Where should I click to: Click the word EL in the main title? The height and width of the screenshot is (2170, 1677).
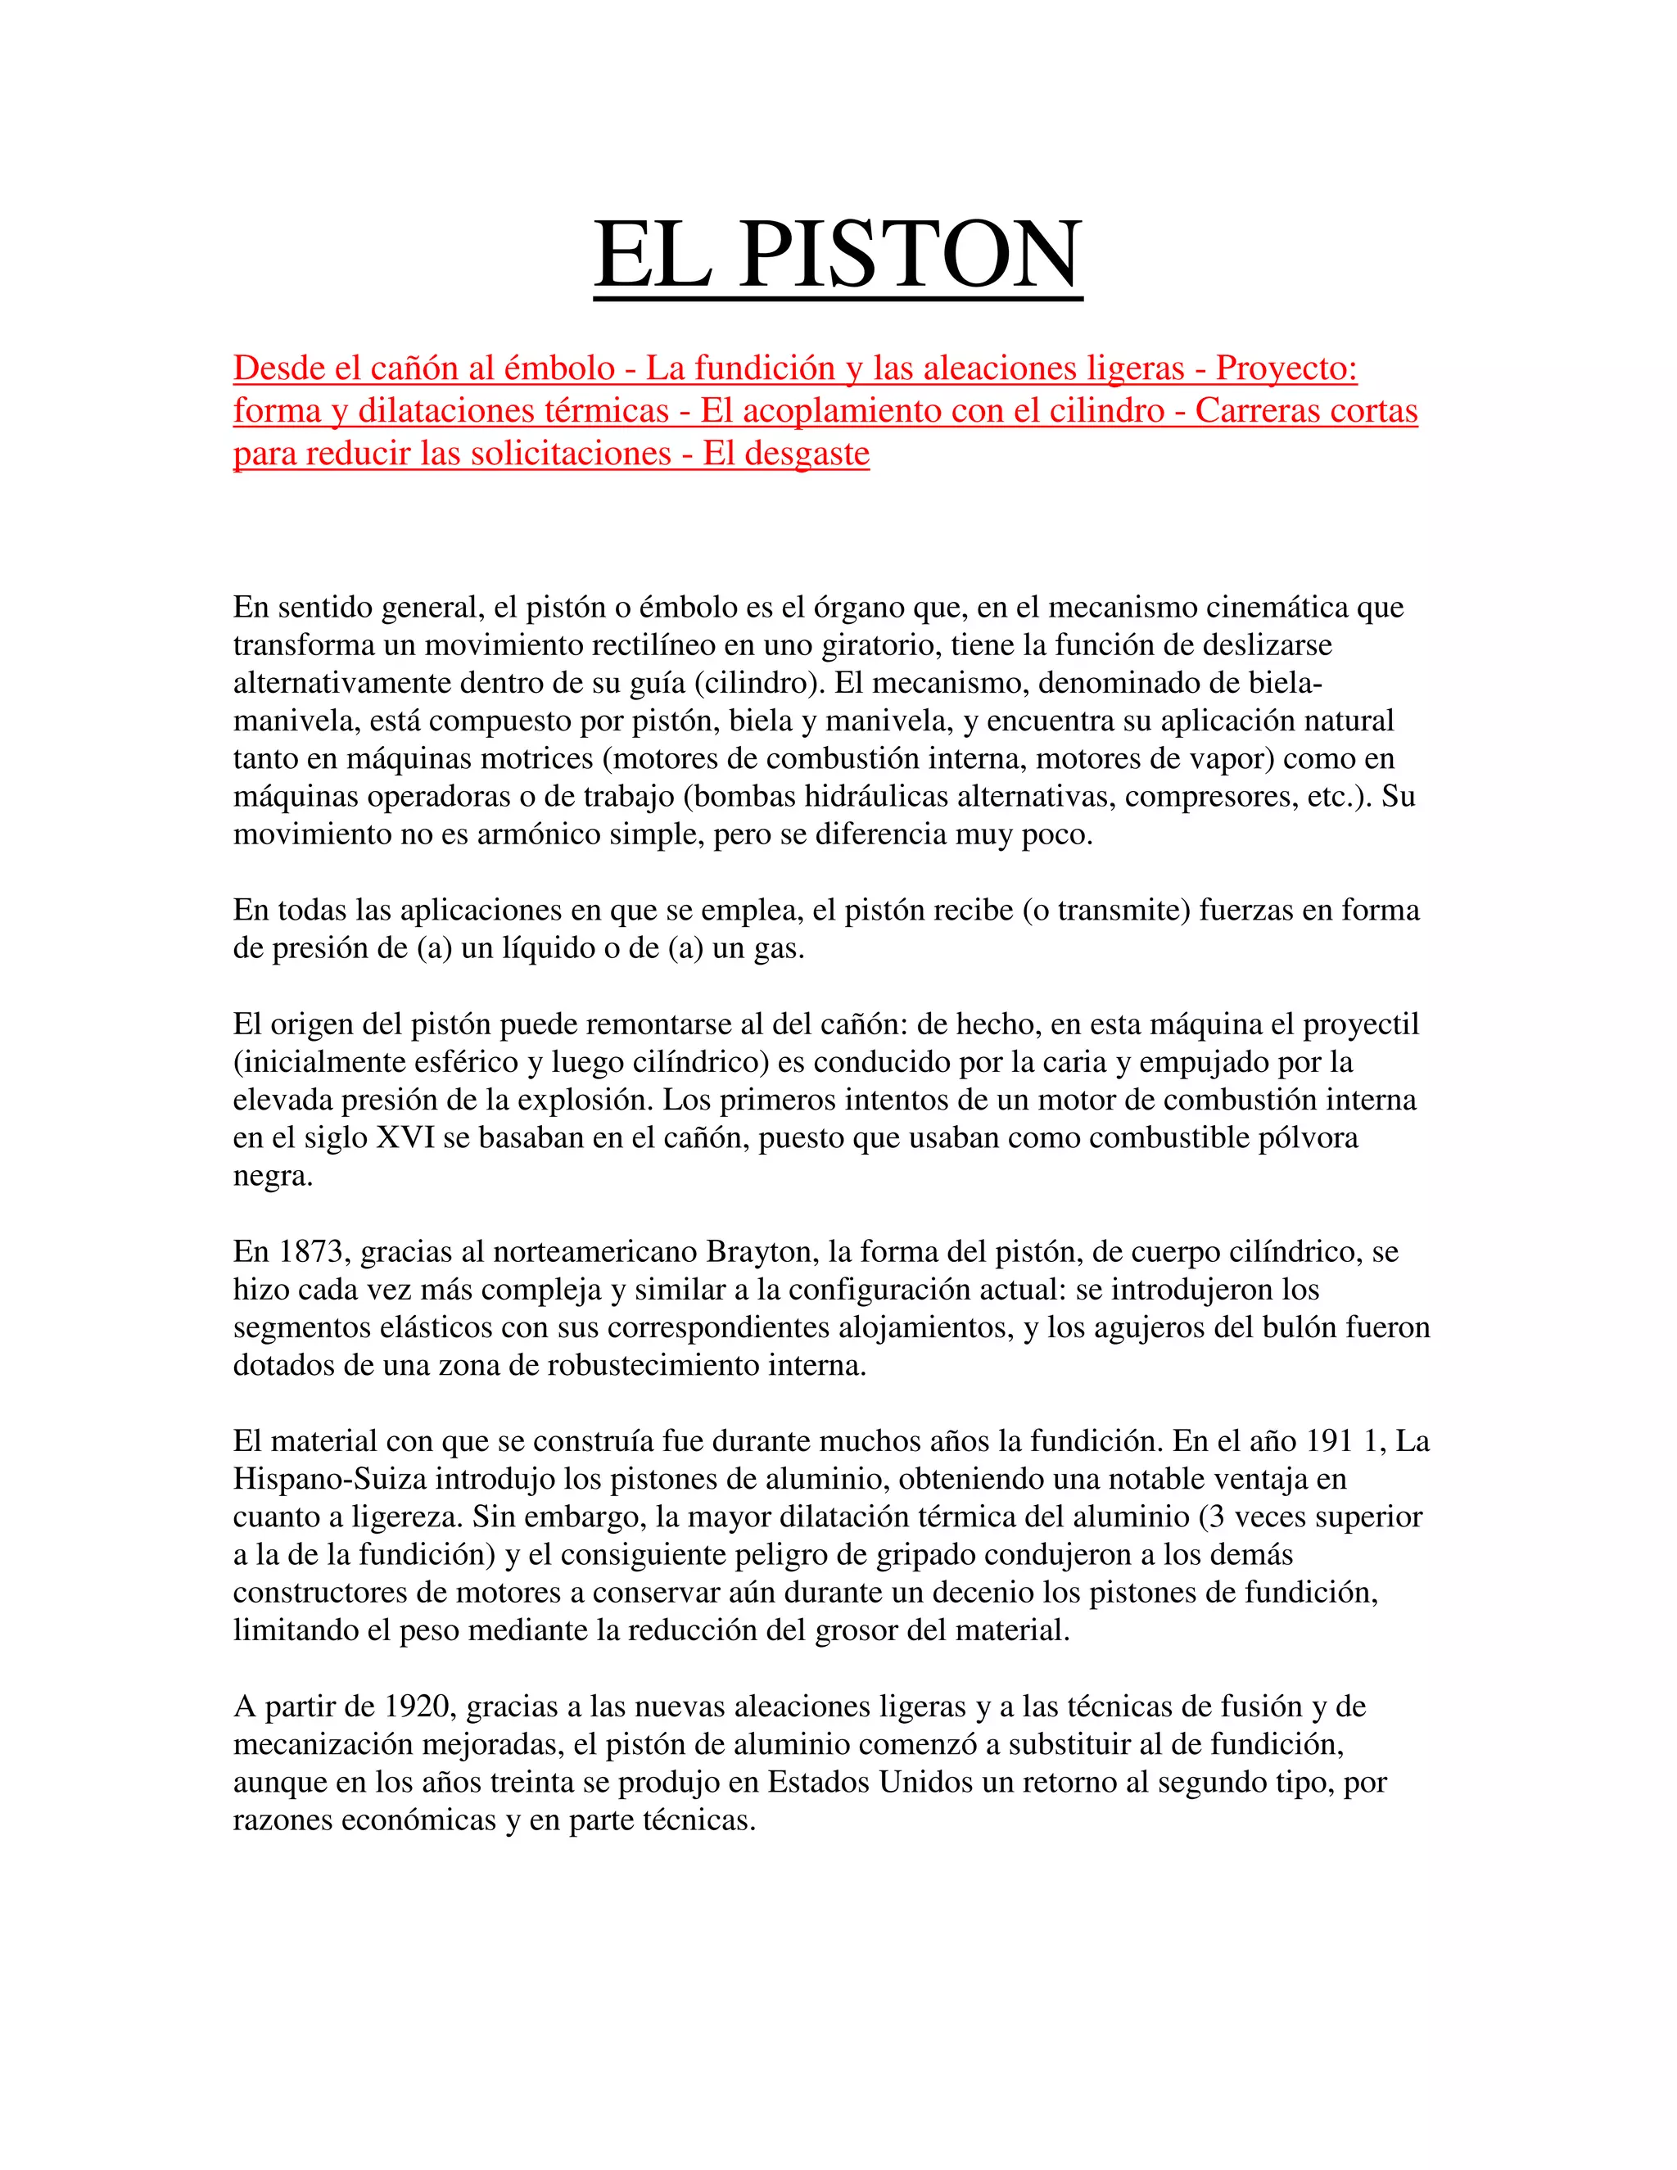(652, 255)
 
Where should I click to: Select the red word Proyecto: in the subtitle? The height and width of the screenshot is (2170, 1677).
(1286, 368)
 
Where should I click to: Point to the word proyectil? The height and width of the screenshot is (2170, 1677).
(1360, 1025)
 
